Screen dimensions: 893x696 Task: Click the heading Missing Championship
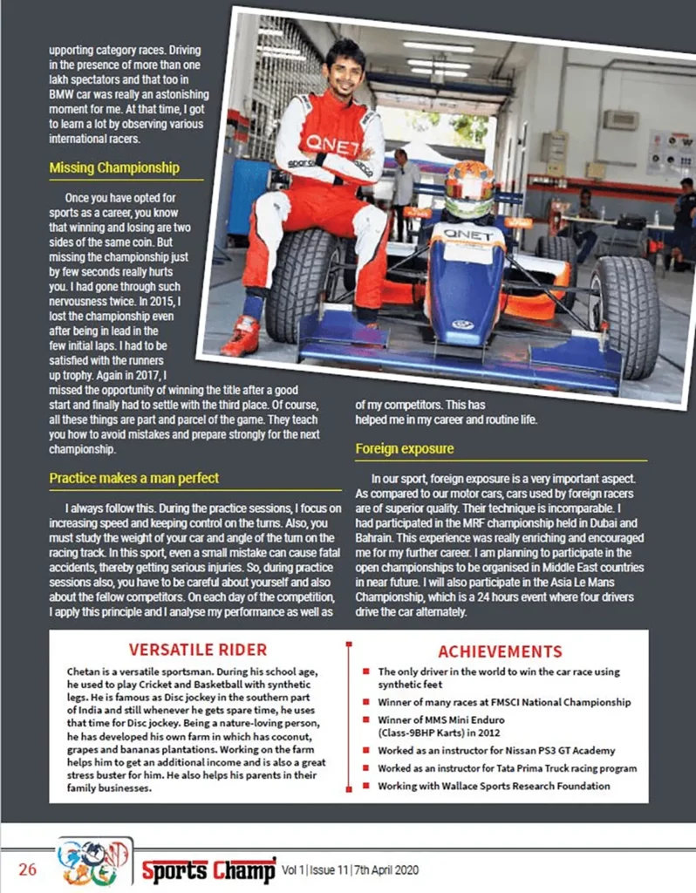(114, 167)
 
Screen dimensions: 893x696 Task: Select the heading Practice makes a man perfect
(133, 478)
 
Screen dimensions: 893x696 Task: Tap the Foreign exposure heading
(404, 449)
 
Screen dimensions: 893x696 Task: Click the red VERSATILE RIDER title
(197, 650)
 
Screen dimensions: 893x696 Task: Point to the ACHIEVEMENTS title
(500, 651)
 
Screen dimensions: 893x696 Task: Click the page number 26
(28, 869)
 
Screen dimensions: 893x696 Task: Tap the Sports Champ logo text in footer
(209, 869)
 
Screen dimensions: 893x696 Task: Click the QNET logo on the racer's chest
(332, 145)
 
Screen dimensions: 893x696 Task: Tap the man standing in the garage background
(404, 192)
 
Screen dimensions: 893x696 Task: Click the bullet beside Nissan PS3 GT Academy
(367, 750)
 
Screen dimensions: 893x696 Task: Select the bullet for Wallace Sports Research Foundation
(367, 786)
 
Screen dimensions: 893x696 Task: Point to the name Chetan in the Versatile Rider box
(85, 671)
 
